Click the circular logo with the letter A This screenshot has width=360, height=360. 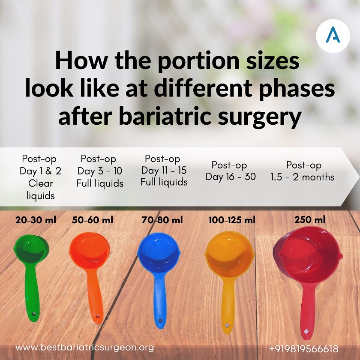click(x=333, y=36)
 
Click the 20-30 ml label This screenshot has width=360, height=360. click(x=36, y=220)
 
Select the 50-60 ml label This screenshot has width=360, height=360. click(x=93, y=220)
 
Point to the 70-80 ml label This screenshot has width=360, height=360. click(x=162, y=220)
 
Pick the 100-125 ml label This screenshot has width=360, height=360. click(x=232, y=220)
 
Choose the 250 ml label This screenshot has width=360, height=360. click(x=309, y=220)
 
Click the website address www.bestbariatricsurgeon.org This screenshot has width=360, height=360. click(x=84, y=348)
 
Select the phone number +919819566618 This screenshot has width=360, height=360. click(x=303, y=348)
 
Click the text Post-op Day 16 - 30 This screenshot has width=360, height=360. click(x=230, y=171)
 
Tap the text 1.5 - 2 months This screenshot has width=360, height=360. click(x=303, y=177)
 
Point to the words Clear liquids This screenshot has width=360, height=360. click(x=41, y=189)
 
